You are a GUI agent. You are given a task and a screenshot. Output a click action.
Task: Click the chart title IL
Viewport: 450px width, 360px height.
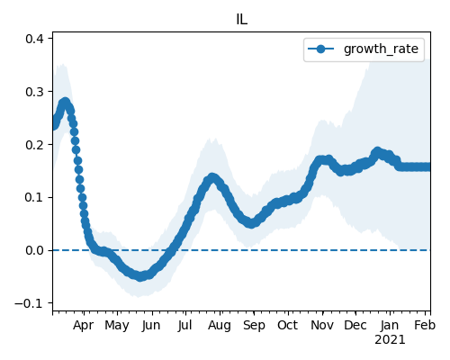(x=242, y=20)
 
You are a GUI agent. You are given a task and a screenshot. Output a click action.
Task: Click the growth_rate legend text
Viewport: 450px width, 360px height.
(x=381, y=49)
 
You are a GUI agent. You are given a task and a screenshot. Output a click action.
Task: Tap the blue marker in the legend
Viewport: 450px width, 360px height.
(x=320, y=49)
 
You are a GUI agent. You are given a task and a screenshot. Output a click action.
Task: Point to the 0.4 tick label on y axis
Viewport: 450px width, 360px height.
(x=34, y=39)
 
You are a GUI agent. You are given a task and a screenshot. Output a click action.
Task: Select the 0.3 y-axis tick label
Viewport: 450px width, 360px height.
(x=34, y=92)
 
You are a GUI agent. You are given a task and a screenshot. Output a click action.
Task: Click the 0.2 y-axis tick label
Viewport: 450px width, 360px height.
(x=34, y=145)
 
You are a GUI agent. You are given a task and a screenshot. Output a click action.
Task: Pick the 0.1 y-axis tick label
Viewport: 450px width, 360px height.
(x=34, y=197)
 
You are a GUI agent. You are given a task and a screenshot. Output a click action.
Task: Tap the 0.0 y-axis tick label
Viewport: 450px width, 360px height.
(x=34, y=250)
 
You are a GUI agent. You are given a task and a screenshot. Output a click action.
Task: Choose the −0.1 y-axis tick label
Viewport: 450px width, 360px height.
(x=30, y=303)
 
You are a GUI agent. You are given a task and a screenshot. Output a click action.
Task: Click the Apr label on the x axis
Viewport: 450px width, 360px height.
(x=84, y=326)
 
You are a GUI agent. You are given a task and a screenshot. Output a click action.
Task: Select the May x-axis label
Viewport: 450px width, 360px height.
(x=117, y=326)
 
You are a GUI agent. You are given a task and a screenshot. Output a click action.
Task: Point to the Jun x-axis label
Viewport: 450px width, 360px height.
(x=151, y=326)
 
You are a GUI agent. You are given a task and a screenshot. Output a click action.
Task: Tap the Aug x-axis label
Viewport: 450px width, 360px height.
(x=220, y=326)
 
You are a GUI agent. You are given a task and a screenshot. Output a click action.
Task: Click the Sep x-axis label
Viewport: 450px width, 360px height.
(x=254, y=326)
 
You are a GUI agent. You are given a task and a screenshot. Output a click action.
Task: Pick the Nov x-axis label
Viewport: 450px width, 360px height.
(x=322, y=325)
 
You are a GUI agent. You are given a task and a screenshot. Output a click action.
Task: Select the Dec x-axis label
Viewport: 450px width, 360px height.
(x=355, y=325)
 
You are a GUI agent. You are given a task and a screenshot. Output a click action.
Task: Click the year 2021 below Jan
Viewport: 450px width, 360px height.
(x=390, y=340)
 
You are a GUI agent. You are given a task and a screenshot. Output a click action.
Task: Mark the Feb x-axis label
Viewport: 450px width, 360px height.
(x=425, y=325)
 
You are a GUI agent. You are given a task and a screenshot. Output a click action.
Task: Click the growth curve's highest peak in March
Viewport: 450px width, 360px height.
(x=66, y=102)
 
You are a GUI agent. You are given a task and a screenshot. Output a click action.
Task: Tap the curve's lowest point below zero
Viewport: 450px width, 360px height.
(x=140, y=276)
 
